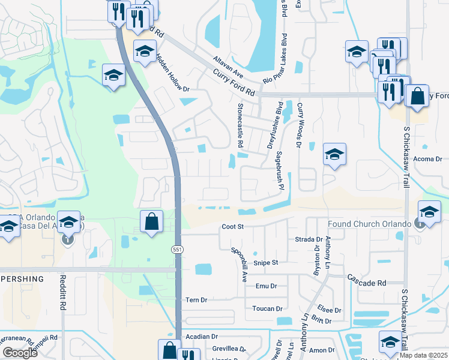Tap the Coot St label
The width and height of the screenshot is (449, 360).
tap(232, 227)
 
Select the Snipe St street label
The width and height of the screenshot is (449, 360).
tap(265, 263)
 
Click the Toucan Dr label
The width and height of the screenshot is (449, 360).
tap(268, 309)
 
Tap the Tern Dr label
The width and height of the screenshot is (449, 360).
tap(196, 300)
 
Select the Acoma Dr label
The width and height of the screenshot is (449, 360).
tap(427, 159)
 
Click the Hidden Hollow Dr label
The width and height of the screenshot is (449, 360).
tap(172, 74)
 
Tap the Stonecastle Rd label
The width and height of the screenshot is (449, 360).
tap(240, 125)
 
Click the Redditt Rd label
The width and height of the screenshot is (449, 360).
tap(63, 292)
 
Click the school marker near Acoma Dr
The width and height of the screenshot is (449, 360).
tap(334, 154)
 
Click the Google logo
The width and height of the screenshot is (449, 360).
tap(20, 353)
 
